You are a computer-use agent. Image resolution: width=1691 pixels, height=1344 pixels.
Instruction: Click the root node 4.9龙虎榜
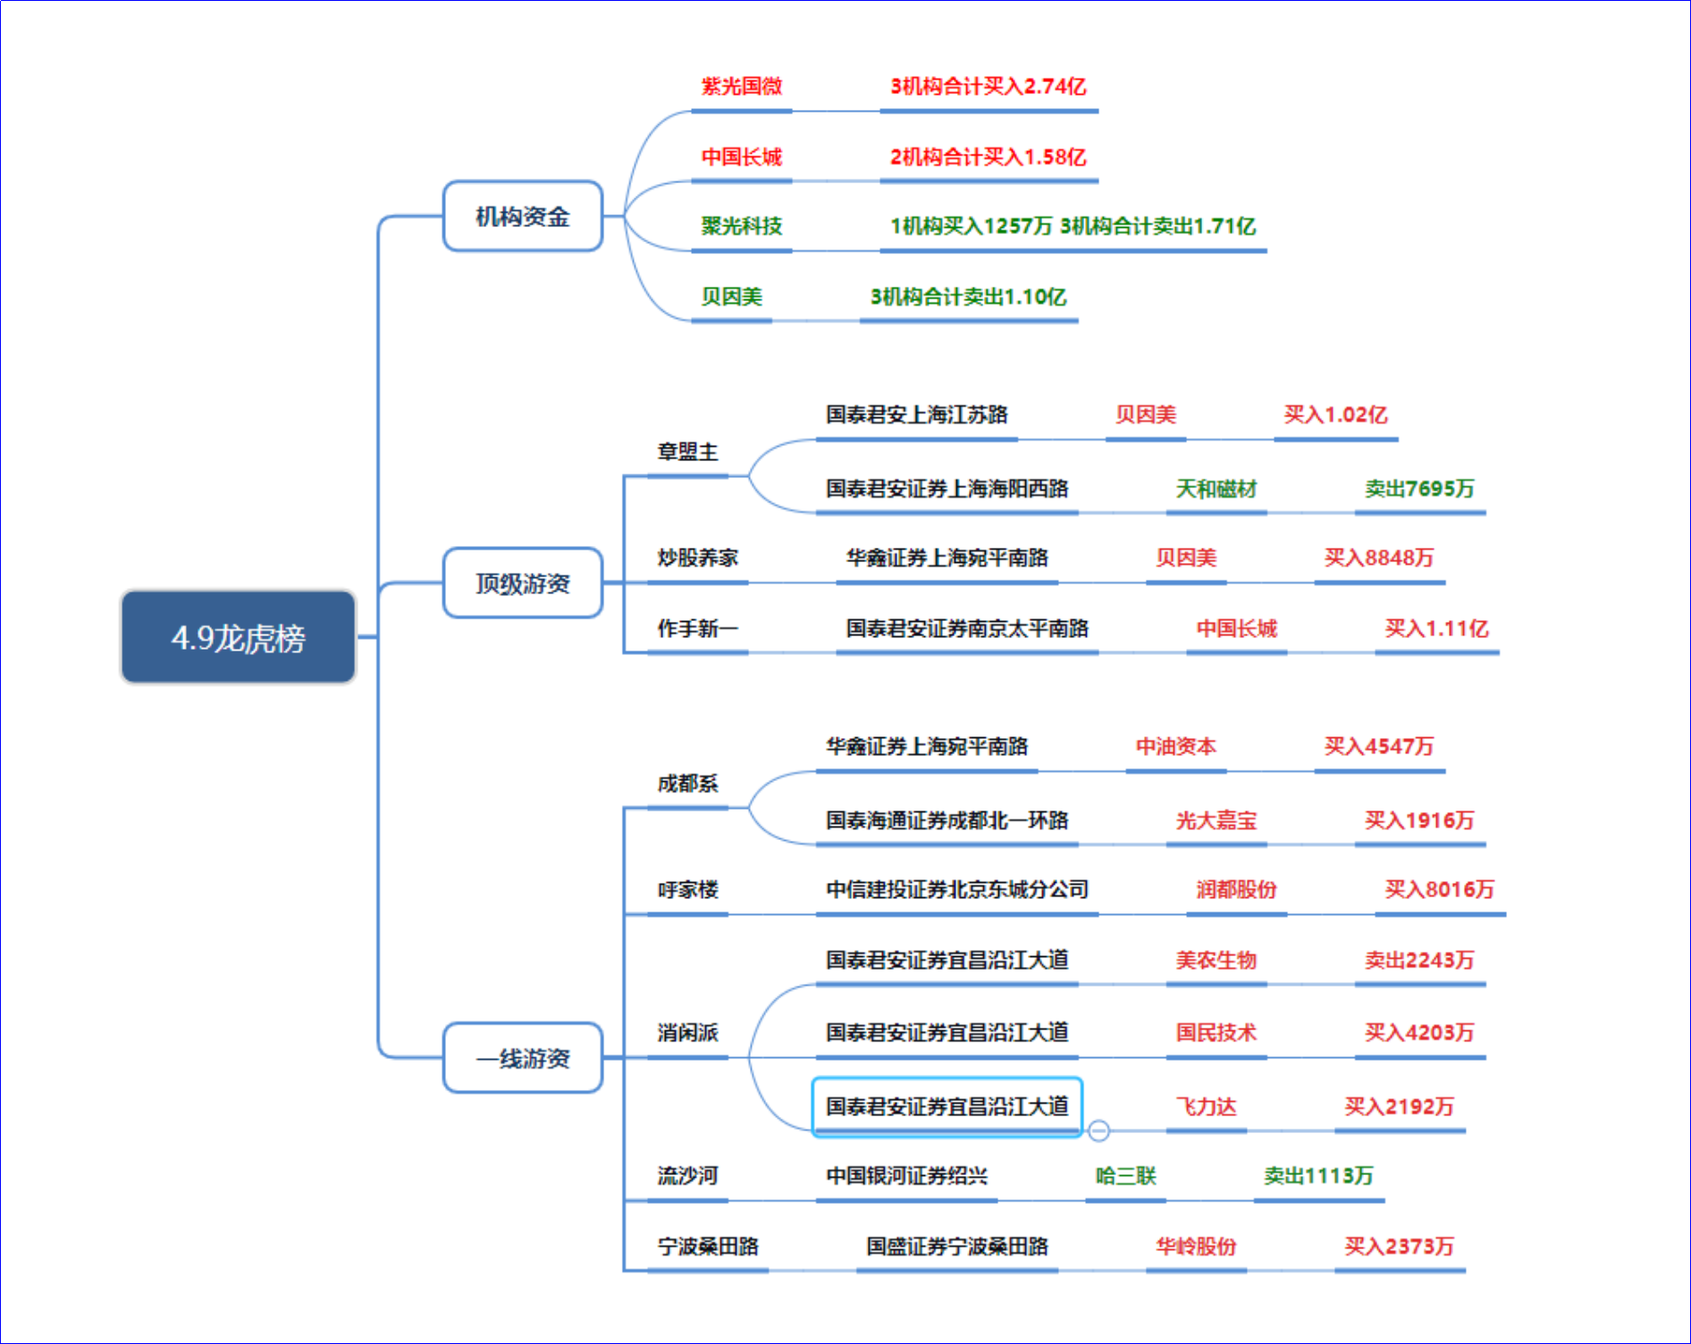coord(238,637)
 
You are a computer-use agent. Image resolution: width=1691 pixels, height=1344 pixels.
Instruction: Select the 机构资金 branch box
coord(523,216)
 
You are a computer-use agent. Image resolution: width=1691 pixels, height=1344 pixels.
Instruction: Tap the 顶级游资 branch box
coord(523,584)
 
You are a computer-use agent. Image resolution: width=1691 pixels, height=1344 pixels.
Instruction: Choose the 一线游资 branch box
coord(523,1058)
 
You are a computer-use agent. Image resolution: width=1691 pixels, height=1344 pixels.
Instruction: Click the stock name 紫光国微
coord(741,87)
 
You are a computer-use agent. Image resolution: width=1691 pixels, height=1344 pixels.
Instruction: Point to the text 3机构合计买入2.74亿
coord(988,87)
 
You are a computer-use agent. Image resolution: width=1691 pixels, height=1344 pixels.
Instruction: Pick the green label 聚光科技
coord(741,226)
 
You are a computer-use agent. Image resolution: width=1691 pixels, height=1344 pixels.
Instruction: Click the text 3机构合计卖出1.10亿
coord(968,297)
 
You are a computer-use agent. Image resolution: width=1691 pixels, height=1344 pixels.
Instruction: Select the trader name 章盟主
coord(687,452)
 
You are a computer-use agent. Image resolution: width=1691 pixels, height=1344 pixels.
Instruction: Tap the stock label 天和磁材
coord(1216,489)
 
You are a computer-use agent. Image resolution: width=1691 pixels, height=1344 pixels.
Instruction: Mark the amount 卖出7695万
coord(1418,489)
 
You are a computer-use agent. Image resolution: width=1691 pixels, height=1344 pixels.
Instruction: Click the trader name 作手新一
coord(697,628)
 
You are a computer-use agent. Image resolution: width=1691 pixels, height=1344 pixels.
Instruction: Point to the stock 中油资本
coord(1175,746)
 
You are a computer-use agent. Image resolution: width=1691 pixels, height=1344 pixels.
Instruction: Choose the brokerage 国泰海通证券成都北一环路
coord(946,820)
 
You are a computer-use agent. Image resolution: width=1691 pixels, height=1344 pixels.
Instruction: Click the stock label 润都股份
coord(1236,889)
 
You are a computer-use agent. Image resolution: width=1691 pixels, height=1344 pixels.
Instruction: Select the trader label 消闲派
coord(687,1033)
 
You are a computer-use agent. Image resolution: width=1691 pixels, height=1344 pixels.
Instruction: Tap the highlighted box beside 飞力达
coord(946,1107)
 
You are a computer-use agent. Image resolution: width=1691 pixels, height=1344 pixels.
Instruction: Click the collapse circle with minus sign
coord(1098,1130)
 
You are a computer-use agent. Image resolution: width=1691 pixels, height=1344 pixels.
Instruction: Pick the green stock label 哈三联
coord(1125,1176)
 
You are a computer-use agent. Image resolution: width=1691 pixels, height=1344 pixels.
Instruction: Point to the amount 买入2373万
coord(1399,1247)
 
